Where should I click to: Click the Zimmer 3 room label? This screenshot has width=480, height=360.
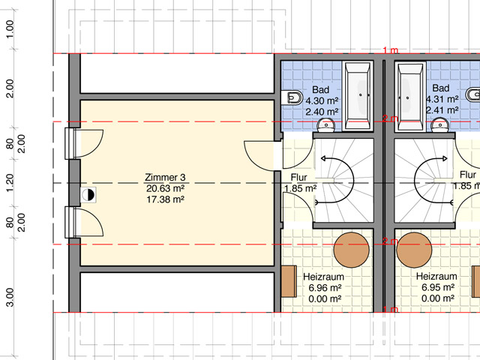point(165,177)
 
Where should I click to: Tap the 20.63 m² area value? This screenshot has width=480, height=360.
point(165,188)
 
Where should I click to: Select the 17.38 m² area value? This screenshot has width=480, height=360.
point(165,199)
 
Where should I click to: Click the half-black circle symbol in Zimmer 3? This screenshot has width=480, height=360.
point(88,195)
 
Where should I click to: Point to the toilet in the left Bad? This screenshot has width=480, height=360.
point(291,97)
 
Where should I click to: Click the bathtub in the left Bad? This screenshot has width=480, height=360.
point(358,96)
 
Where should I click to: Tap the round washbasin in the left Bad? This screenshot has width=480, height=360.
point(327,125)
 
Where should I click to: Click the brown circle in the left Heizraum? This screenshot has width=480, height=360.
point(352,250)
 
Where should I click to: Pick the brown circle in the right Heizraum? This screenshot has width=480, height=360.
point(414,250)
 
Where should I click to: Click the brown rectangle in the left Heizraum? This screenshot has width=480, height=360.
point(289,281)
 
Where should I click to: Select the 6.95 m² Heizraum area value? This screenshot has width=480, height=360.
point(438,287)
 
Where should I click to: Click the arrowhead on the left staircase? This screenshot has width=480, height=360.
point(323,158)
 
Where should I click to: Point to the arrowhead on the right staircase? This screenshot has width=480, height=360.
point(445,158)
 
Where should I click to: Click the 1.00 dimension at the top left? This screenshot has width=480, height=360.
point(10,29)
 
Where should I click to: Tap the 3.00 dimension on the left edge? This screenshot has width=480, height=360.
point(10,297)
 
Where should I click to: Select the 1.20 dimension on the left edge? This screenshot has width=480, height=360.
point(10,183)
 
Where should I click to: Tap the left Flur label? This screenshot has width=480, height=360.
point(298,177)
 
